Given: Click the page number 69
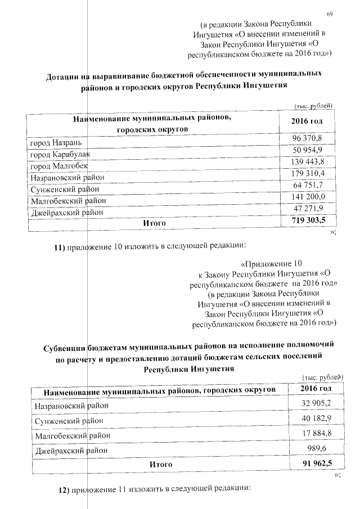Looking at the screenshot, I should point(330,14).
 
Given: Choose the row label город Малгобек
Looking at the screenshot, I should point(58,166).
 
